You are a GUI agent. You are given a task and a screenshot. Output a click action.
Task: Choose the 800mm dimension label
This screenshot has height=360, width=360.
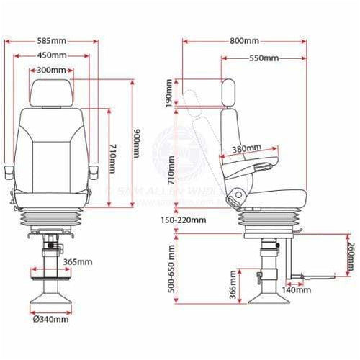tap(245, 40)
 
